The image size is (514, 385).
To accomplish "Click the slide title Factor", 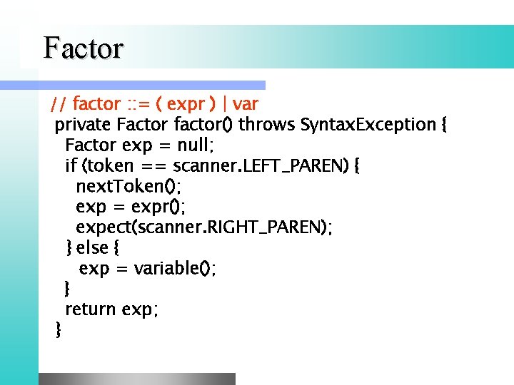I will (x=84, y=48).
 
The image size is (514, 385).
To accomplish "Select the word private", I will (x=83, y=125).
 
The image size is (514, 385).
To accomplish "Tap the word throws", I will (x=267, y=125).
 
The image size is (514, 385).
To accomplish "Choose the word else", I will (x=92, y=248).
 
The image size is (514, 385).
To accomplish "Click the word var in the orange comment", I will (x=246, y=105).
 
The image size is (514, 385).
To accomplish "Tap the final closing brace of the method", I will (x=58, y=329).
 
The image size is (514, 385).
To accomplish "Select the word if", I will (x=71, y=166).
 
